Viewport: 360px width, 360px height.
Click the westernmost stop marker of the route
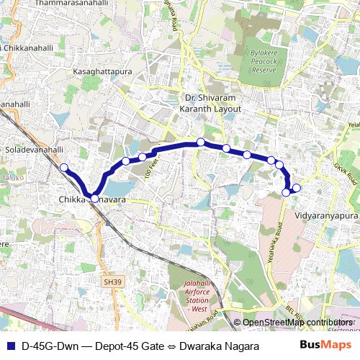(x=63, y=168)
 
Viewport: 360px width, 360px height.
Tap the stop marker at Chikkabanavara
(x=94, y=198)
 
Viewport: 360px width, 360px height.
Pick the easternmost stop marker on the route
(x=296, y=189)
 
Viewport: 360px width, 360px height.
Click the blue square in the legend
(x=10, y=346)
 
